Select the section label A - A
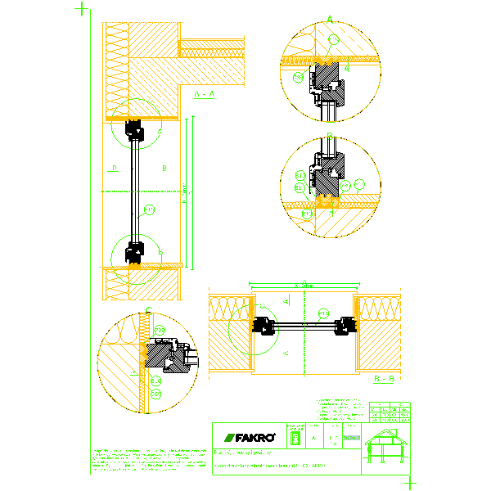(204, 95)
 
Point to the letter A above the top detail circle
(330, 18)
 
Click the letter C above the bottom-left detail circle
(147, 310)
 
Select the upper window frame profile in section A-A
(133, 129)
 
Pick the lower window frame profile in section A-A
(133, 252)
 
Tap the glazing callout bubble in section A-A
(149, 210)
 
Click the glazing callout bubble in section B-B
(323, 313)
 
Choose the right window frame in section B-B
(346, 326)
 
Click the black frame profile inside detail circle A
(327, 86)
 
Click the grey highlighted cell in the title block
(350, 439)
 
